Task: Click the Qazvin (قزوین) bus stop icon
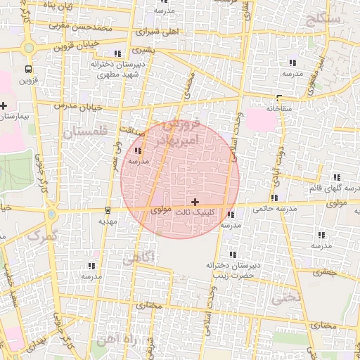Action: click(28, 69)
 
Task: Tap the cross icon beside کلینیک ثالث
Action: click(195, 202)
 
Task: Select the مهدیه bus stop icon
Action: click(108, 210)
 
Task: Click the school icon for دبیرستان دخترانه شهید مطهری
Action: click(116, 53)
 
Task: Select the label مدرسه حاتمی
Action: click(271, 208)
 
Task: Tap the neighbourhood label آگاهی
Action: click(138, 259)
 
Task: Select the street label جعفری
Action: click(326, 271)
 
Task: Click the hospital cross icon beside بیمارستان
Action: click(4, 105)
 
